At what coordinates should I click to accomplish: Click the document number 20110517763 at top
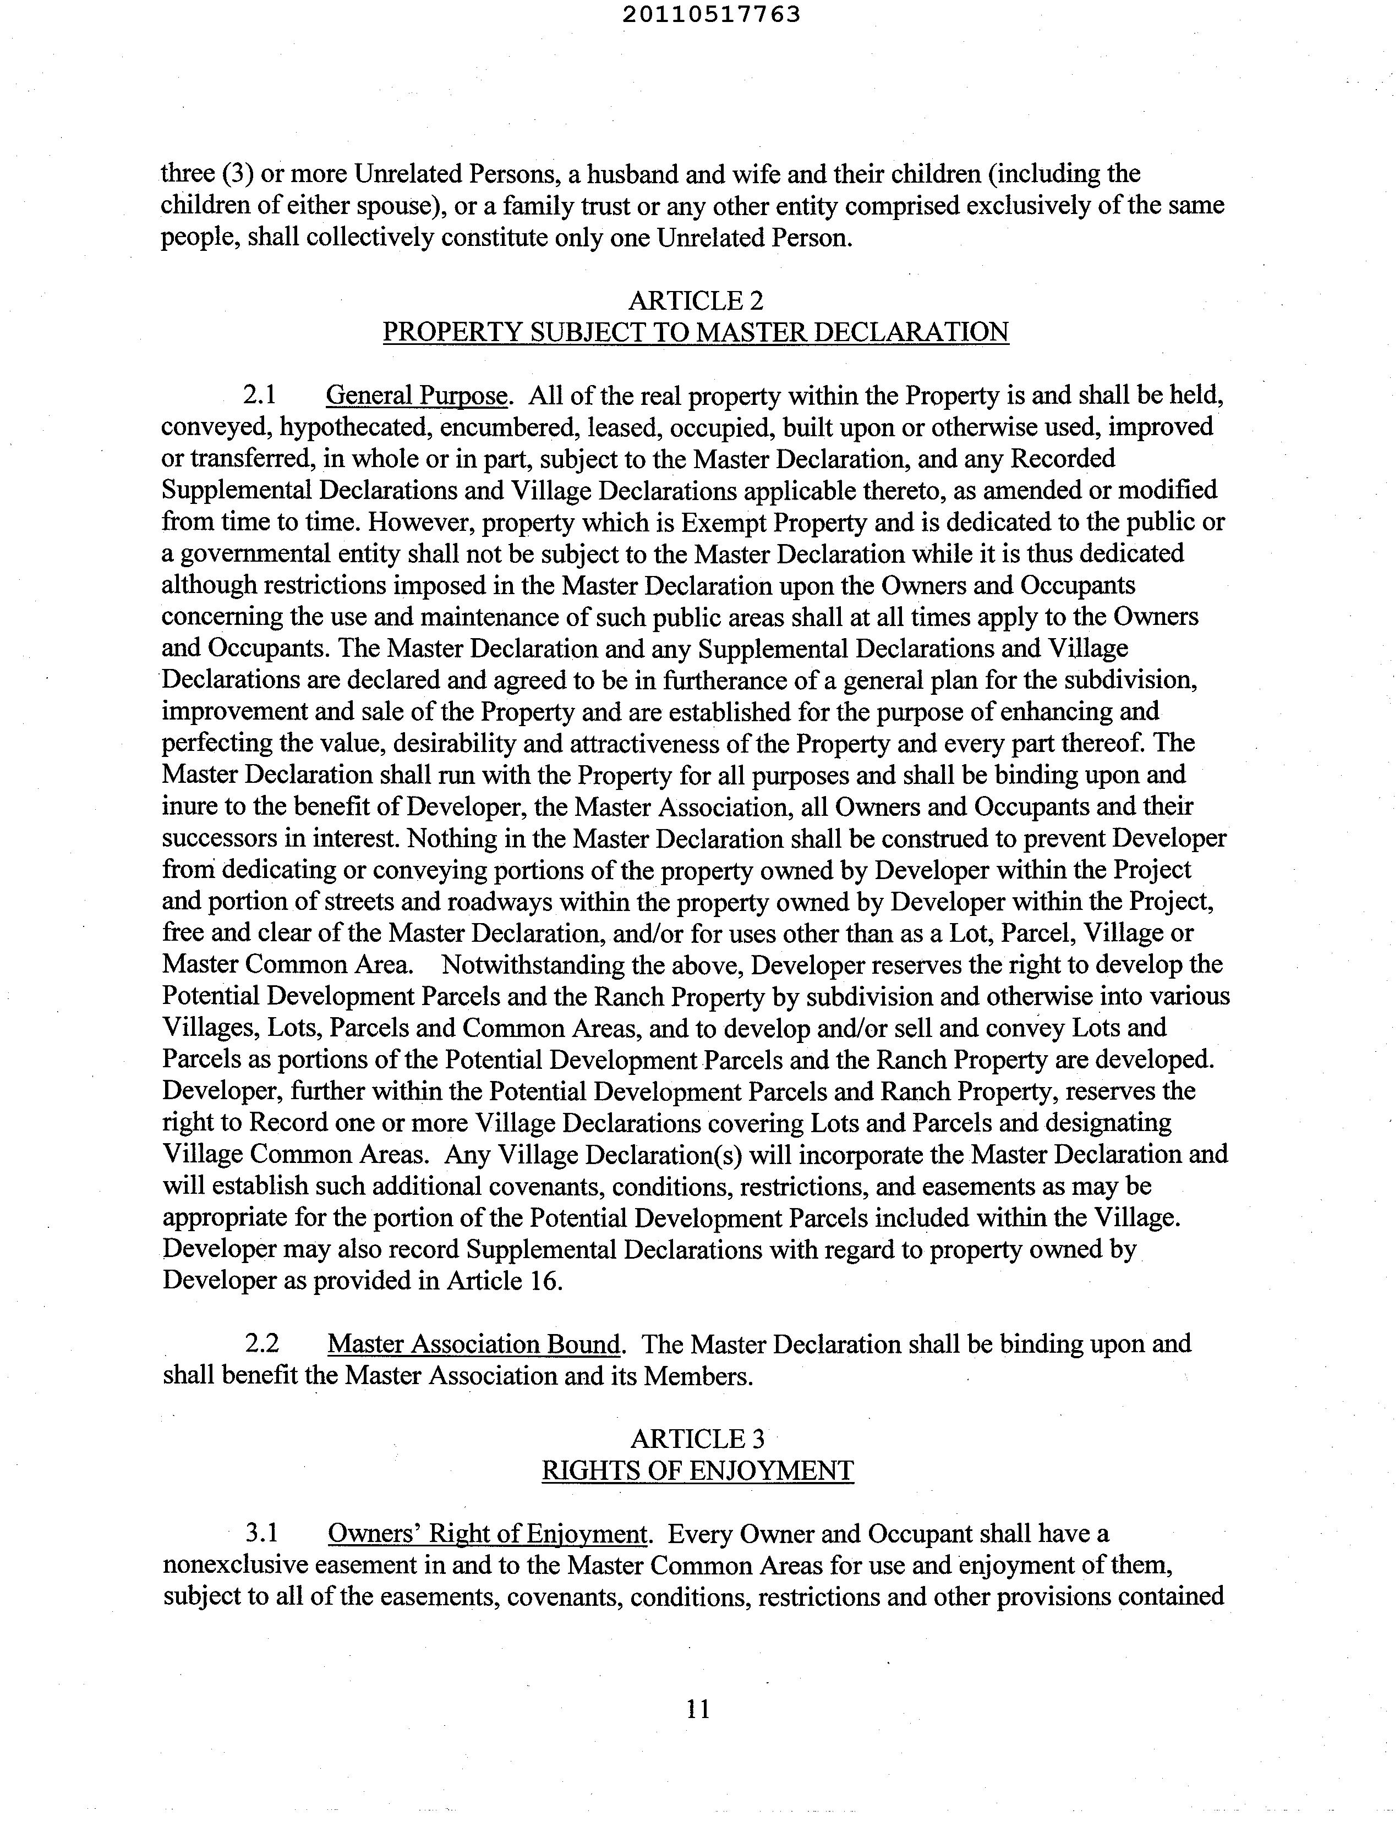click(x=711, y=14)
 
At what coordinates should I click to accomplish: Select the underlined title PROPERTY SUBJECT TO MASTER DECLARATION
click(x=696, y=332)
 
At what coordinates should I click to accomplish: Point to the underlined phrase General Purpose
click(x=417, y=395)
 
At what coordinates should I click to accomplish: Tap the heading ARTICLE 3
click(x=697, y=1438)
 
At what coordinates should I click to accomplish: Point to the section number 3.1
click(x=261, y=1533)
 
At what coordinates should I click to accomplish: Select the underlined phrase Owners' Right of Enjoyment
click(x=488, y=1533)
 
